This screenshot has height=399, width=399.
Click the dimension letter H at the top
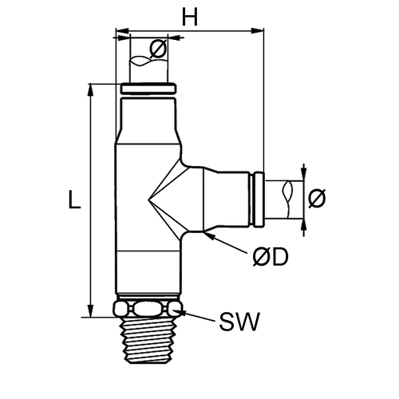tap(190, 17)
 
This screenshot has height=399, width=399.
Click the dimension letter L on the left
tap(74, 199)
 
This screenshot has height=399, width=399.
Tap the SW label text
tap(239, 322)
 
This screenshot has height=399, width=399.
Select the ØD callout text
tap(271, 257)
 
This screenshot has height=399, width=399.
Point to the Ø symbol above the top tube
tap(158, 49)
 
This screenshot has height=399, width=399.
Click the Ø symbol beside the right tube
tap(317, 199)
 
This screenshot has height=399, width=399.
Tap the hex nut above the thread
tap(148, 309)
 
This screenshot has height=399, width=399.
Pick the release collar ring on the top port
tap(148, 89)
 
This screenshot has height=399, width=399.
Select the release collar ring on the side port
tap(259, 199)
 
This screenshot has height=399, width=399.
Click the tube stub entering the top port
tap(148, 69)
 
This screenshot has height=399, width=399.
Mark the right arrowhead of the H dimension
tap(258, 30)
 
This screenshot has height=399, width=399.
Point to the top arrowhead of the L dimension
tap(91, 90)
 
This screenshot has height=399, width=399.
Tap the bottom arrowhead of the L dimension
tap(91, 310)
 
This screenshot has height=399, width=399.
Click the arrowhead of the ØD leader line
tap(208, 235)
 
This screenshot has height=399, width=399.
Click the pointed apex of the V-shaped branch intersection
tap(148, 199)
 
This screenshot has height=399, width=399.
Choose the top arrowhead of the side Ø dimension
tap(304, 174)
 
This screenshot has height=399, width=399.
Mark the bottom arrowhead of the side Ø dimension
tap(304, 226)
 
